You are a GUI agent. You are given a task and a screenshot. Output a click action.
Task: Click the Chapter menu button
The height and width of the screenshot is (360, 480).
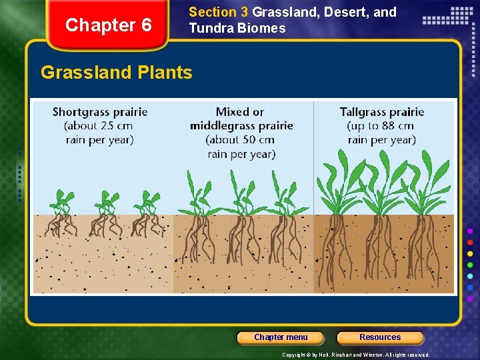click(x=281, y=337)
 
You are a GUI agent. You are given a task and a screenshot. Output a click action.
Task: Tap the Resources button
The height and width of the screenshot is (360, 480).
click(x=380, y=337)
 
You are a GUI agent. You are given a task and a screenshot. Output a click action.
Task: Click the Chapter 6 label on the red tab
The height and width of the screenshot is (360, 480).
click(x=109, y=25)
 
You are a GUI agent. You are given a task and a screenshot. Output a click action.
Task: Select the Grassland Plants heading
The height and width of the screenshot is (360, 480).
click(x=117, y=72)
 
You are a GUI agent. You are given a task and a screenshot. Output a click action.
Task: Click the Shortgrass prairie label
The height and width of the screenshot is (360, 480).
click(x=100, y=112)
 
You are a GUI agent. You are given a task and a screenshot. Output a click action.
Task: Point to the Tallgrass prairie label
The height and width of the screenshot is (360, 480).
click(x=382, y=112)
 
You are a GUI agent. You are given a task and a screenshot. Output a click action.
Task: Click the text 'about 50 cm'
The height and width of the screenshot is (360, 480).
click(x=241, y=140)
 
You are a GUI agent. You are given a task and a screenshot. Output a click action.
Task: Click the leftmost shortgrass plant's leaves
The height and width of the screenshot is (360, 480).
click(x=63, y=199)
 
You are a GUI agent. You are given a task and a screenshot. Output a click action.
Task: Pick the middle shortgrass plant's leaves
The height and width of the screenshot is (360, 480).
click(x=105, y=199)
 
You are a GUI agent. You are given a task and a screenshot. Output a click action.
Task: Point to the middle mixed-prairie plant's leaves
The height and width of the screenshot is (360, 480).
click(x=240, y=190)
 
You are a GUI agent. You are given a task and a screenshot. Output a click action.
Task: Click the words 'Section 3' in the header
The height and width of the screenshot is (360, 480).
click(x=213, y=12)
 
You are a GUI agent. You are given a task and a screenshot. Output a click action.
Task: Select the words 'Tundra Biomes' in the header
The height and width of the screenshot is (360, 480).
click(x=237, y=28)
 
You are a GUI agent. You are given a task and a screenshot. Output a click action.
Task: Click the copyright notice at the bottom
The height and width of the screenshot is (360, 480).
click(x=355, y=355)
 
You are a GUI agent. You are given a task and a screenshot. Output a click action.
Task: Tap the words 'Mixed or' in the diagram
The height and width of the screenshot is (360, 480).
click(x=240, y=112)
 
